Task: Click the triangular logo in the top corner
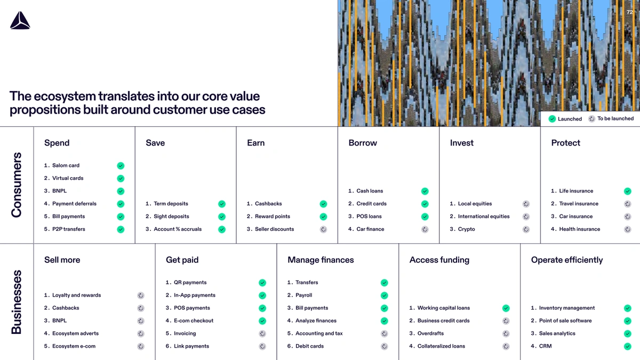tap(20, 20)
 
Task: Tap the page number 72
tap(629, 12)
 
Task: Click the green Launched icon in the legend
tap(552, 119)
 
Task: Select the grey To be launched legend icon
tap(591, 118)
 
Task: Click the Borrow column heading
tap(363, 143)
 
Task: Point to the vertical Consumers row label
tap(17, 185)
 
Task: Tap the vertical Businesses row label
tap(17, 302)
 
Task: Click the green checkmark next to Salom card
tap(121, 166)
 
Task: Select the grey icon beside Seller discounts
tap(323, 229)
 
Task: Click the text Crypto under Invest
tap(466, 229)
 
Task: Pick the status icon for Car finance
tap(425, 229)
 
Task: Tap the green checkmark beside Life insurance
tap(627, 191)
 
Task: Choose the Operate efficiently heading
tap(567, 260)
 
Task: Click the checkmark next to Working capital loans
tap(506, 308)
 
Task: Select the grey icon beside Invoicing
tap(262, 334)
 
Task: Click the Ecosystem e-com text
tap(74, 346)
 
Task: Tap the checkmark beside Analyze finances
tap(385, 321)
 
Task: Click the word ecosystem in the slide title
tap(65, 97)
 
